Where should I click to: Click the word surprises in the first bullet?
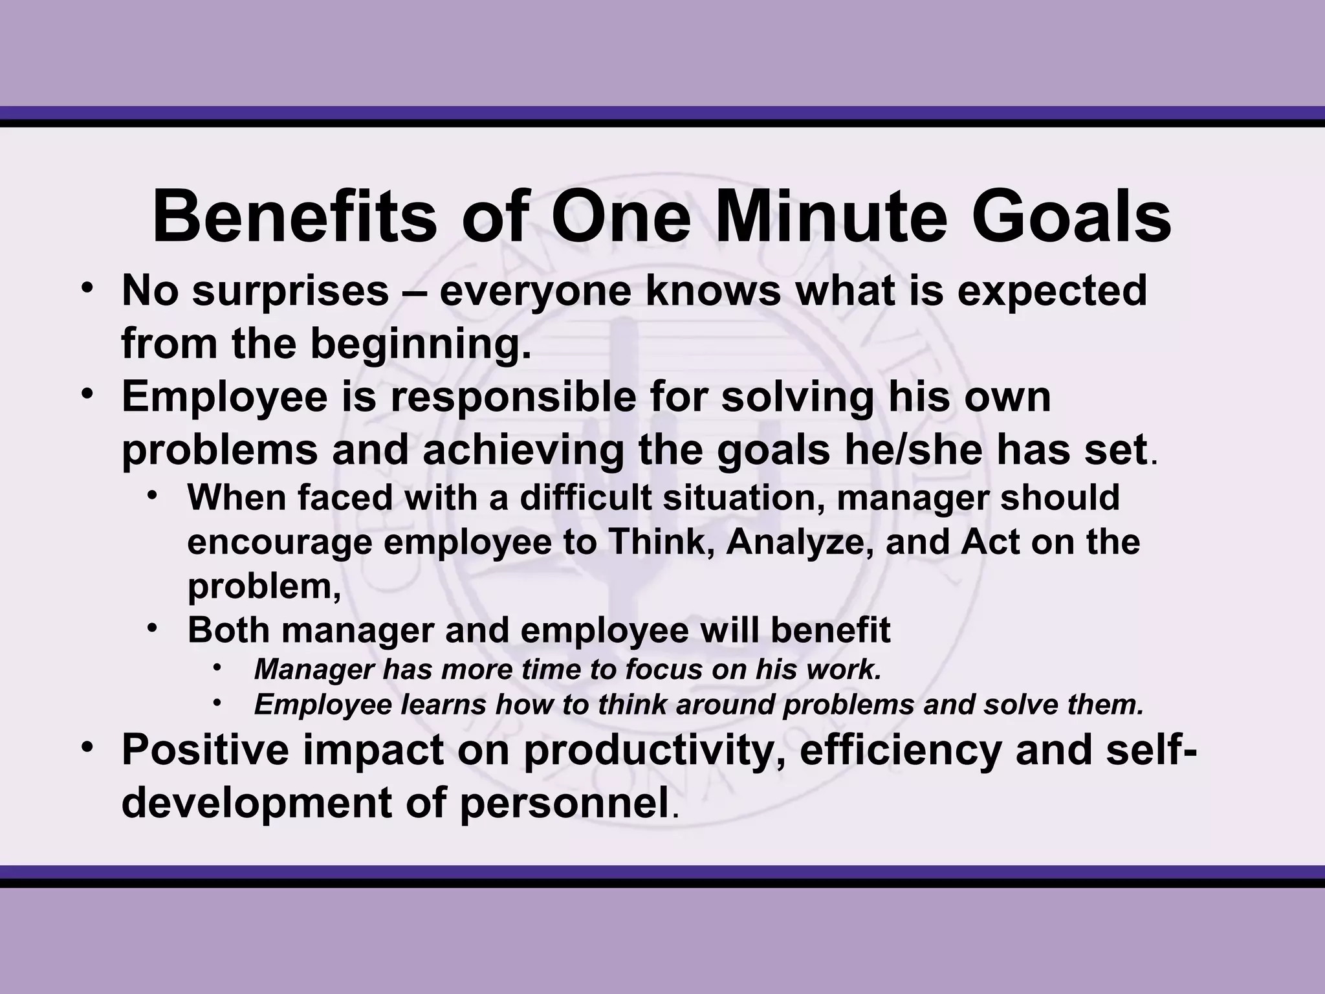(x=289, y=293)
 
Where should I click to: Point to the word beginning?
(x=421, y=345)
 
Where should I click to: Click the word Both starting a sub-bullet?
(x=228, y=630)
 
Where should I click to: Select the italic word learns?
(x=444, y=705)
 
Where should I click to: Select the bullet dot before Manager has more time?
(x=217, y=667)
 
